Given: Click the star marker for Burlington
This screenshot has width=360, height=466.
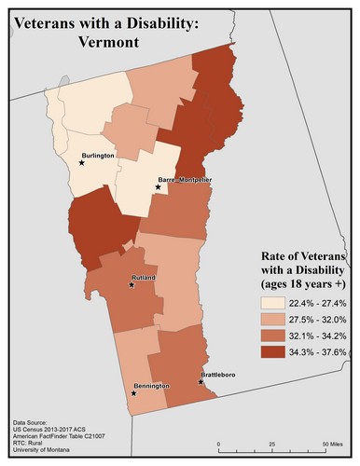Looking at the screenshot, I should (x=82, y=162).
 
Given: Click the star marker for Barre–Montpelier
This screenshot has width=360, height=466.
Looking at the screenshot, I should (x=158, y=187).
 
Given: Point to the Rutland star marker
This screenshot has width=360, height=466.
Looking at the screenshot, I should (x=132, y=285).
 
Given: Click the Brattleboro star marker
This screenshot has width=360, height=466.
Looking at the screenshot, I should (x=201, y=382).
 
